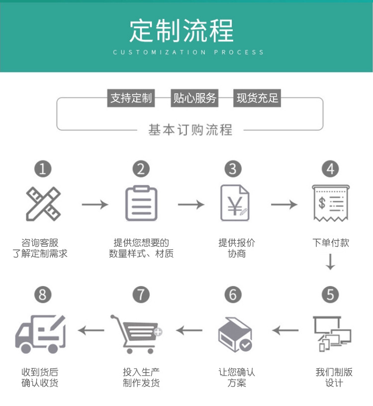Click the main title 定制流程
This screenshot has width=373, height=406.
coord(182,31)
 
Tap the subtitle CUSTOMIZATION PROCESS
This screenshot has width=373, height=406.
coord(188,52)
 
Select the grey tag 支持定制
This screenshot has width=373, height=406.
coord(131,98)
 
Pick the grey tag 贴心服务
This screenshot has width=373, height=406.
coord(194,98)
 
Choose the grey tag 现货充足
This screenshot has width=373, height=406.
coord(257,98)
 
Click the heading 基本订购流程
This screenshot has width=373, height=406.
coord(190,130)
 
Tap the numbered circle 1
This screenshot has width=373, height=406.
coord(43,169)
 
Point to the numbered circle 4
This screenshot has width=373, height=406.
coord(330,169)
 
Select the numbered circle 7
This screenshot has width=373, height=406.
coord(141,295)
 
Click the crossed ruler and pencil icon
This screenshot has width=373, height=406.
coord(43,203)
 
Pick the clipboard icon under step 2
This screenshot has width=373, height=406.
coord(141,203)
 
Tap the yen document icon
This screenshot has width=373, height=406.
coord(234,203)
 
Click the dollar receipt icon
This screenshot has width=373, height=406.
coord(330,203)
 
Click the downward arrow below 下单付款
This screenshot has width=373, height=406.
coord(331,262)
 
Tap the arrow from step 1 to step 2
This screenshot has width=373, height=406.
coord(94,204)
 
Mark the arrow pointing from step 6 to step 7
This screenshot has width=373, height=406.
coord(189,330)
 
